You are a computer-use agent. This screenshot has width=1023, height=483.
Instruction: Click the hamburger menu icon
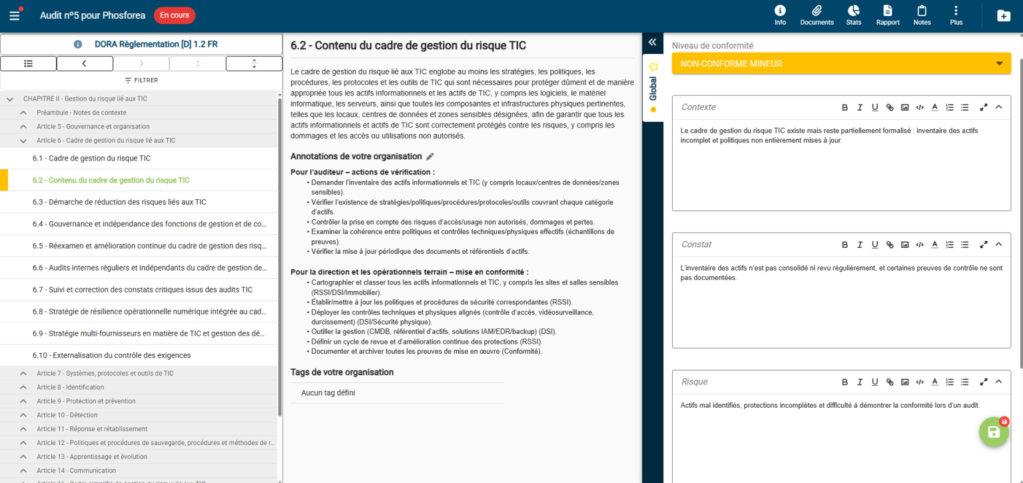[x=15, y=15]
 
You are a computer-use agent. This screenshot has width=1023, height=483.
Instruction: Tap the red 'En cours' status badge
[x=174, y=15]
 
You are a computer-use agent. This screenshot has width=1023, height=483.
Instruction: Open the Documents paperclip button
[x=817, y=15]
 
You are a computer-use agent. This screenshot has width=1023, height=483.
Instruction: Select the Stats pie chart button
[x=853, y=15]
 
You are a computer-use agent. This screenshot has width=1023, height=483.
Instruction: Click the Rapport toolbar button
[x=888, y=15]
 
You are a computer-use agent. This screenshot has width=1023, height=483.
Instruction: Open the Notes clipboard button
[x=922, y=15]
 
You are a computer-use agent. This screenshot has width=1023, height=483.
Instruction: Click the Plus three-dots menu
[x=956, y=15]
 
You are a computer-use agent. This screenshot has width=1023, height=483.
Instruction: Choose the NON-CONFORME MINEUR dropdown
[x=841, y=64]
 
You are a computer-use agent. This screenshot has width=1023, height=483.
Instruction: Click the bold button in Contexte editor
[x=845, y=107]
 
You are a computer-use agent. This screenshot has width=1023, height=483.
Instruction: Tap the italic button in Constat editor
[x=860, y=244]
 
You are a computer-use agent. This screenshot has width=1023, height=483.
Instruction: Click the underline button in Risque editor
[x=874, y=382]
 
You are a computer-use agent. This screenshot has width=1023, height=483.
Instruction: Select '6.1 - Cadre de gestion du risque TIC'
[x=92, y=159]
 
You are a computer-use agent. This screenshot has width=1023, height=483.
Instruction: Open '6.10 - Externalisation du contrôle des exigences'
[x=112, y=355]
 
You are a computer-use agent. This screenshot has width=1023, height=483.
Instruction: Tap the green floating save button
[x=993, y=432]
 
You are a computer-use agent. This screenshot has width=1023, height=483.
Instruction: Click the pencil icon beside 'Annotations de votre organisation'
[x=430, y=157]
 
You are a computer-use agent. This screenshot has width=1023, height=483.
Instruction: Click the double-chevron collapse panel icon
[x=653, y=43]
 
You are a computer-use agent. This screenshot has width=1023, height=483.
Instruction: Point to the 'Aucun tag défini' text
[x=328, y=393]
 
